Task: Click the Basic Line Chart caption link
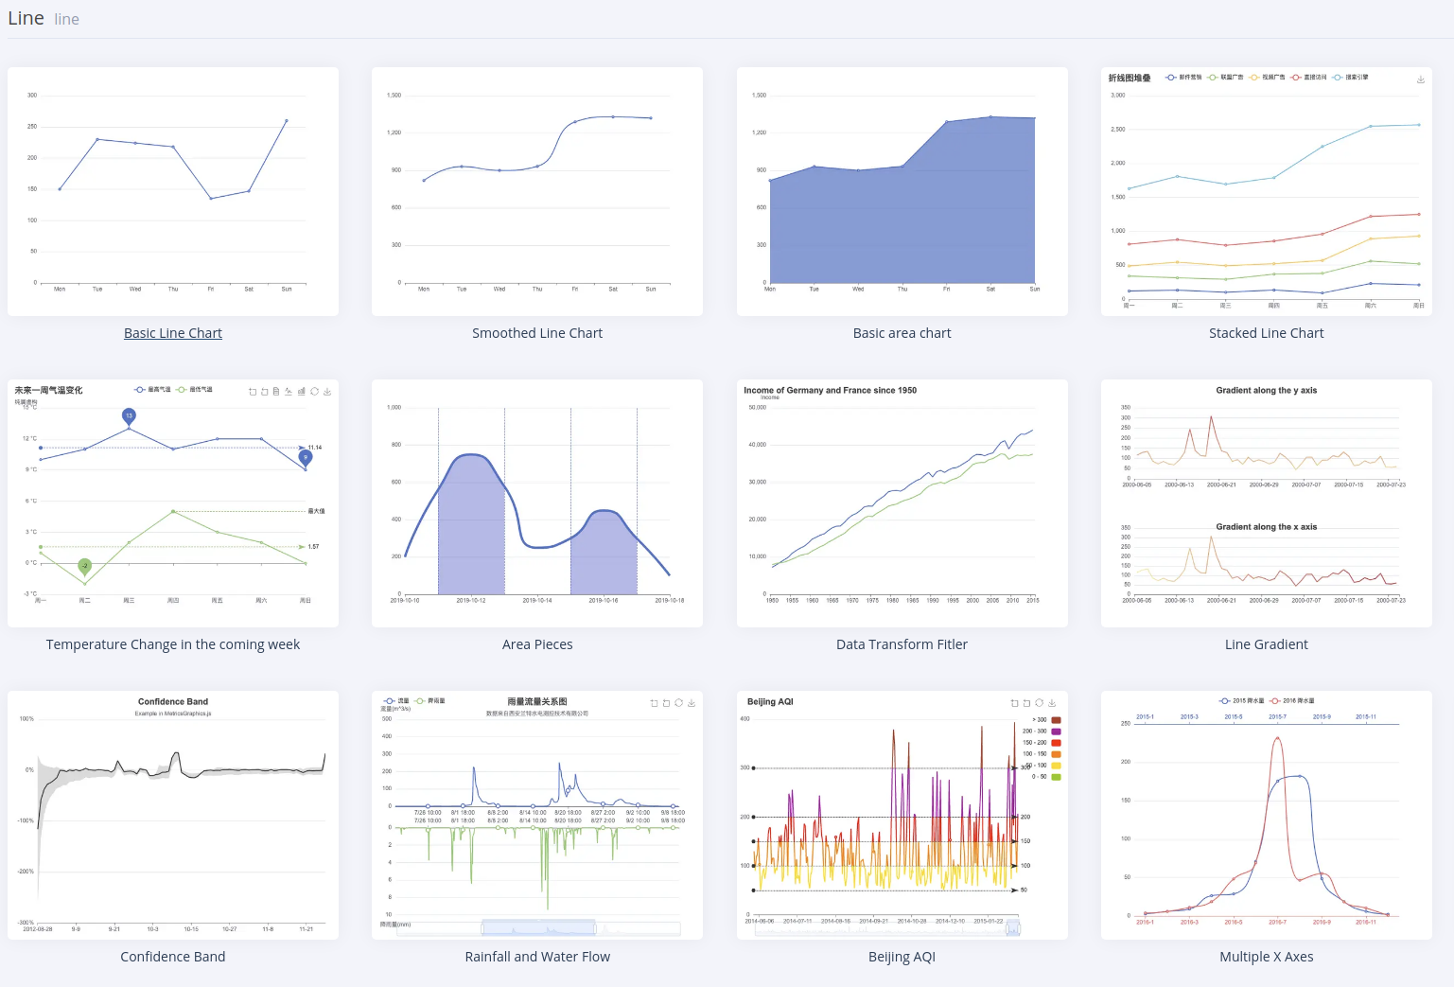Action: click(x=173, y=333)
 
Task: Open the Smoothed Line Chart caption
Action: click(x=537, y=333)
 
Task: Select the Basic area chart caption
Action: click(x=902, y=333)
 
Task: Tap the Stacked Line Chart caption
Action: click(x=1266, y=333)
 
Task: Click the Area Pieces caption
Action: click(x=537, y=644)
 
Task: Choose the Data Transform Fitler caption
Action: click(x=902, y=644)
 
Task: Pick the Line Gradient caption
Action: click(x=1266, y=644)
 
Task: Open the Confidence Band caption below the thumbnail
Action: click(x=173, y=957)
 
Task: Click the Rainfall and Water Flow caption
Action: click(x=537, y=957)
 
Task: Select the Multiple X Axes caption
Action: click(x=1266, y=957)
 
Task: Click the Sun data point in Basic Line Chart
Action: click(x=287, y=121)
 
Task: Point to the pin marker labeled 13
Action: click(x=129, y=415)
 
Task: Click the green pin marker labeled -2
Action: click(x=85, y=566)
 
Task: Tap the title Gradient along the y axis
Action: click(x=1266, y=390)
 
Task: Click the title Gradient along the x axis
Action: click(x=1266, y=527)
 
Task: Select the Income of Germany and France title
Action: click(x=830, y=390)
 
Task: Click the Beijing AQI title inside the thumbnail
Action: click(x=770, y=702)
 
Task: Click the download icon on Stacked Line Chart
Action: click(x=1420, y=79)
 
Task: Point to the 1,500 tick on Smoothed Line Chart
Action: click(x=394, y=96)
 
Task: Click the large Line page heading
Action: click(x=26, y=19)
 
